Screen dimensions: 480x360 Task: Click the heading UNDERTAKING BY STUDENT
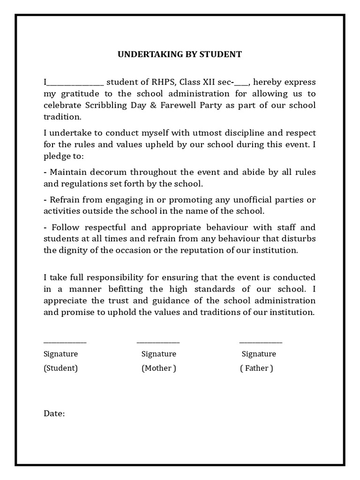pos(180,54)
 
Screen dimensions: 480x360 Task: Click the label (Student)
pos(60,368)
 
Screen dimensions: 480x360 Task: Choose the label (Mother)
pos(159,368)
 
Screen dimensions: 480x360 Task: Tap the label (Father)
pos(256,368)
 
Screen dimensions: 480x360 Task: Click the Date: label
pos(54,413)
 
